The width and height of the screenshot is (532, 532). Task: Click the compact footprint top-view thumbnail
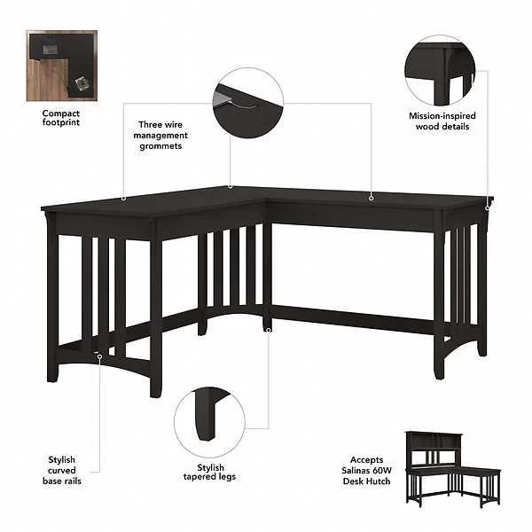click(x=62, y=66)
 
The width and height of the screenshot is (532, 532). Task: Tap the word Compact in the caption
click(x=61, y=113)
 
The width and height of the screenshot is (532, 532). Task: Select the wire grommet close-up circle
click(x=248, y=103)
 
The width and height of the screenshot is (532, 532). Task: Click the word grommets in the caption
click(x=160, y=146)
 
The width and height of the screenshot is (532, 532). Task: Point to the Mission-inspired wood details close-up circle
click(x=440, y=71)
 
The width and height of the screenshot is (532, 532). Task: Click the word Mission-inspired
click(x=442, y=116)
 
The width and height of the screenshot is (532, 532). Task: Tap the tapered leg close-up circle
click(x=209, y=422)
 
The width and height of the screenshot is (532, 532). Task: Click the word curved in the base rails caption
click(x=62, y=471)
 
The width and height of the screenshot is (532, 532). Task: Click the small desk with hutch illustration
click(x=453, y=469)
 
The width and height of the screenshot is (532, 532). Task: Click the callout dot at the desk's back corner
click(x=231, y=186)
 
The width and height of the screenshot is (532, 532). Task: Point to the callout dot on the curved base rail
click(x=99, y=356)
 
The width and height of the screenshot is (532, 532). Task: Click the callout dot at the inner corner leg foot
click(x=269, y=330)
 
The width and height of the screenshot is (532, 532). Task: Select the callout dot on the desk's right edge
click(x=488, y=207)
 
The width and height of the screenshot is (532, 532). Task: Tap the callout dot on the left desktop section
click(x=124, y=199)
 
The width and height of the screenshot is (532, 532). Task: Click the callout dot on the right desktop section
click(x=372, y=198)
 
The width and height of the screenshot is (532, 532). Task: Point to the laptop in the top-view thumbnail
click(x=51, y=48)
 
